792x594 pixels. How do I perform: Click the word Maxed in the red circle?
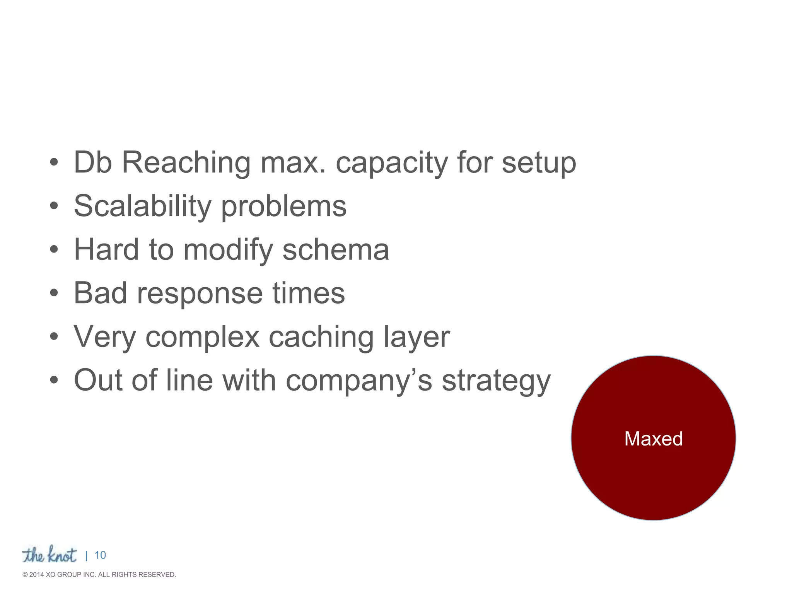click(653, 439)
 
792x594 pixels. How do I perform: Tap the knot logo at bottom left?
click(49, 555)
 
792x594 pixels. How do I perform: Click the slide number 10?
click(100, 555)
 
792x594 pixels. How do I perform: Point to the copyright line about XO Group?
click(99, 575)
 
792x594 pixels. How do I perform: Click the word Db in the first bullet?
click(93, 162)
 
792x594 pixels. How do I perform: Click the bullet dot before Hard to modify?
click(54, 249)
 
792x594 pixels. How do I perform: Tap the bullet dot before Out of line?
click(54, 380)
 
